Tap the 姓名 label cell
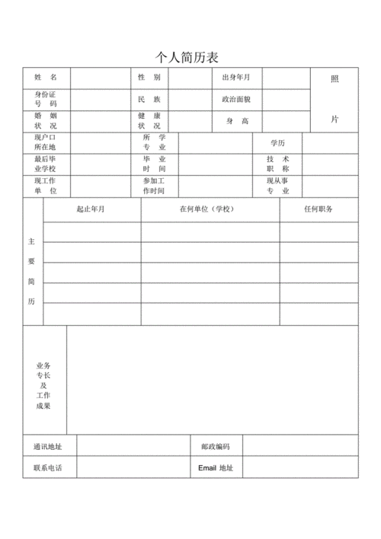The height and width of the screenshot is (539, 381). [x=46, y=78]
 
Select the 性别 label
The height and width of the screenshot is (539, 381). [x=149, y=78]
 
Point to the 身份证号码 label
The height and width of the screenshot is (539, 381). [x=46, y=99]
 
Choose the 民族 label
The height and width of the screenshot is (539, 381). [x=149, y=99]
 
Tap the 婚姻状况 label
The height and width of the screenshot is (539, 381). [x=46, y=121]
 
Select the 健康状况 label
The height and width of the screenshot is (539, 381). [x=149, y=121]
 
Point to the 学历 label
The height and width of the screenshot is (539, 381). [x=277, y=143]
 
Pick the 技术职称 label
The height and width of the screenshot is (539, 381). [x=277, y=164]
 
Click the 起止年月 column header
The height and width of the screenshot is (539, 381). [x=91, y=209]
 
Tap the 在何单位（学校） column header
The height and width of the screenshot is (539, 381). [x=210, y=209]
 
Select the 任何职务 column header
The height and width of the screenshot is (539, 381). [x=318, y=209]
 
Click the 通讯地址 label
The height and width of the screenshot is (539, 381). [x=48, y=446]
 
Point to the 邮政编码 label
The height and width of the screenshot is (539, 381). [x=216, y=446]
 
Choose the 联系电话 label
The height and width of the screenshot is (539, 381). [x=48, y=467]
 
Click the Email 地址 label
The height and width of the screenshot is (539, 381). [x=216, y=467]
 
